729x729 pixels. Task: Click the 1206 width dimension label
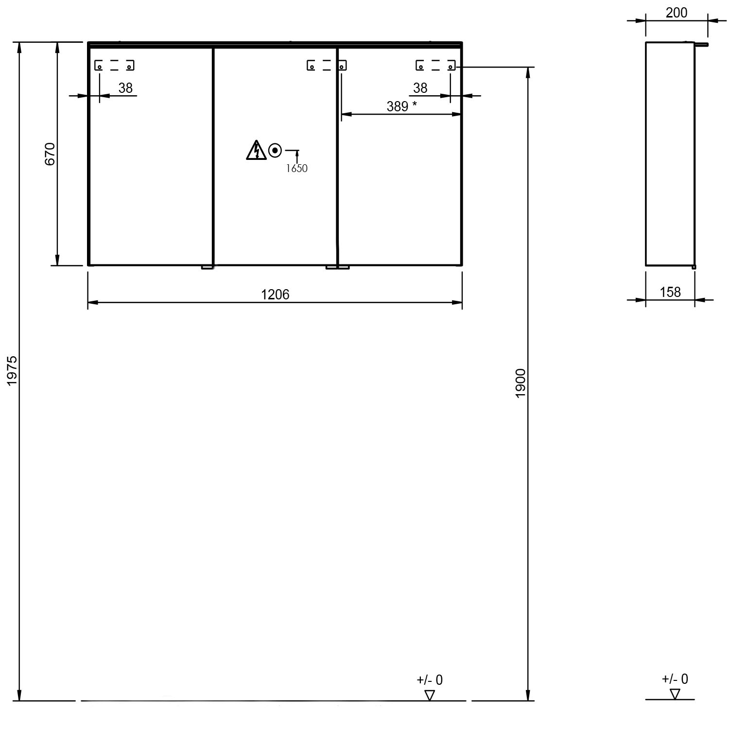[x=275, y=295]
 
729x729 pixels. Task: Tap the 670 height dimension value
[x=51, y=154]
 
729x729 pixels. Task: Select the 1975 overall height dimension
[x=12, y=371]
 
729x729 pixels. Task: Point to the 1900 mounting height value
[x=521, y=383]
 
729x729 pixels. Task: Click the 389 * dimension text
[x=402, y=106]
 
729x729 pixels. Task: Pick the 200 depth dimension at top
[x=677, y=13]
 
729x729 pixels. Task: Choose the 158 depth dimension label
[x=670, y=292]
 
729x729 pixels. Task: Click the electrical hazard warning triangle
[x=256, y=150]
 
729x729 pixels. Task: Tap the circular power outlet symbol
[x=275, y=151]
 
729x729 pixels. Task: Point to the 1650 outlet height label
[x=296, y=169]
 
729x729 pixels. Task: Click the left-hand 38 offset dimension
[x=125, y=88]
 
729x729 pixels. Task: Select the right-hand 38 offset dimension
[x=420, y=88]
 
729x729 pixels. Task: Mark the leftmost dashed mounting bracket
[x=114, y=65]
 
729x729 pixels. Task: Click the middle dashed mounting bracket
[x=327, y=65]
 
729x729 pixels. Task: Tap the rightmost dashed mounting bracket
[x=435, y=65]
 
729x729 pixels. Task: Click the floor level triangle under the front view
[x=430, y=695]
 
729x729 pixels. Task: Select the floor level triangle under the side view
[x=675, y=694]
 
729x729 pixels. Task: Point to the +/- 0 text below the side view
[x=675, y=679]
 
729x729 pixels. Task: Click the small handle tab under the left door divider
[x=208, y=267]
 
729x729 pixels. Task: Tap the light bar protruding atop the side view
[x=702, y=44]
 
